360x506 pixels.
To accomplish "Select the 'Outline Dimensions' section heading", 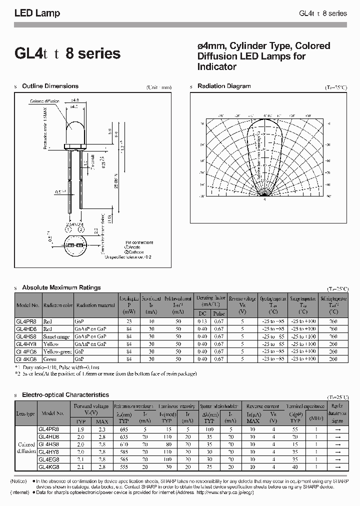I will click(x=50, y=86).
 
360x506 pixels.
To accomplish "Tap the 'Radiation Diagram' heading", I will click(x=224, y=86).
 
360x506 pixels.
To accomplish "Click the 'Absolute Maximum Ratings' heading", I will click(x=61, y=287).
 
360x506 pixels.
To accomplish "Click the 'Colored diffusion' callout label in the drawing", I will click(x=44, y=101).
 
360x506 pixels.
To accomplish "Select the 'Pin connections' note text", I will click(x=138, y=242).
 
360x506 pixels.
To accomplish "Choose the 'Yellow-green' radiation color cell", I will click(x=58, y=351).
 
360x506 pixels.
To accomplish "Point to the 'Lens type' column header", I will click(x=25, y=413).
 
